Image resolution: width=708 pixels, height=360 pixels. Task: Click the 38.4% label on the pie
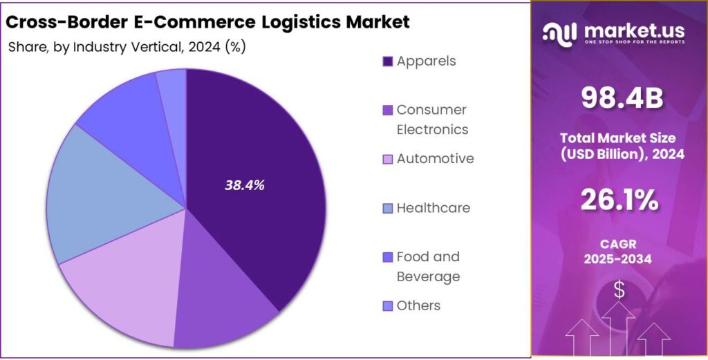coord(245,185)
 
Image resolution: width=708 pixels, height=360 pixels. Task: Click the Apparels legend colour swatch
coord(388,61)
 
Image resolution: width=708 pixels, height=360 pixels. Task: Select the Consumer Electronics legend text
coord(431,120)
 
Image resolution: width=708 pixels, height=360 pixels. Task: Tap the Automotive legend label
coord(435,159)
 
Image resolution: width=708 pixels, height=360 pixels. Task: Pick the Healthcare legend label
coord(433,208)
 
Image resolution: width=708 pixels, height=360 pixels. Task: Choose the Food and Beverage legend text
coord(428,267)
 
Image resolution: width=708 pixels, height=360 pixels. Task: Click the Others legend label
coord(418,305)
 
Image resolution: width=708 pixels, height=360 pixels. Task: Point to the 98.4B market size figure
coord(622,99)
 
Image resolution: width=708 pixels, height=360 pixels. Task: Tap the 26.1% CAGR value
coord(620,200)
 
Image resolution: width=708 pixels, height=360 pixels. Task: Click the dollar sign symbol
coord(619,291)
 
